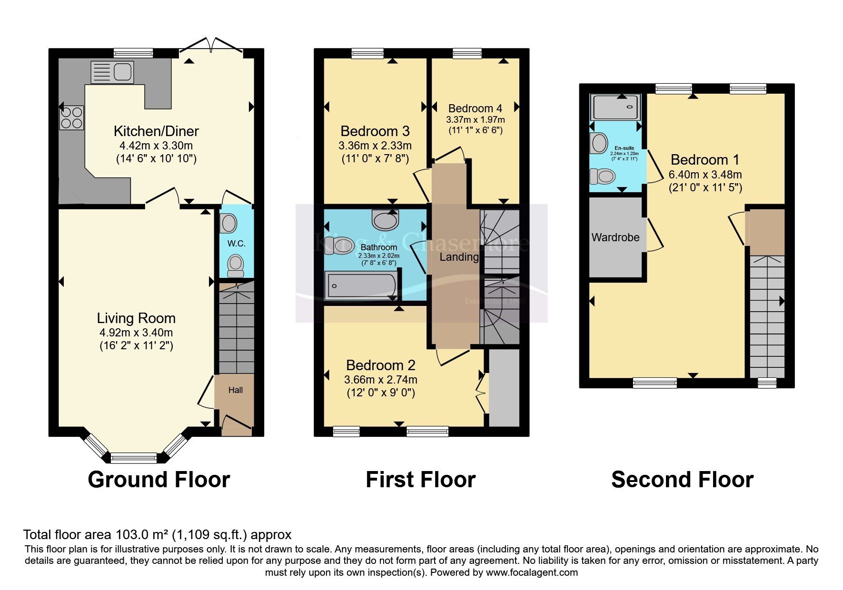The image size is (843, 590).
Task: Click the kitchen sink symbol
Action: tap(112, 72)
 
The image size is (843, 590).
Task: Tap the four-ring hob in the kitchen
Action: tap(71, 118)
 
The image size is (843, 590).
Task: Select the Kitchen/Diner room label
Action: tap(156, 131)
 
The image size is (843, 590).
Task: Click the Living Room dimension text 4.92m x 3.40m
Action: tap(136, 333)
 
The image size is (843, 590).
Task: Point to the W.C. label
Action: tap(237, 244)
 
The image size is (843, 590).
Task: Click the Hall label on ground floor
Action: tap(235, 390)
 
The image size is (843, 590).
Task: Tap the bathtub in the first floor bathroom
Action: tap(360, 285)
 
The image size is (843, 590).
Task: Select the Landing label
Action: tap(459, 257)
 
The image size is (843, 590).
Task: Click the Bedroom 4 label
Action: tap(475, 108)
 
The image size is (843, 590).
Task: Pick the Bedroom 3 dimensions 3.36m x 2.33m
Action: tap(375, 146)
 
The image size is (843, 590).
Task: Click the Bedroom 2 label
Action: tap(380, 365)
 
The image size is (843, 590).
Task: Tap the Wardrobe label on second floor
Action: tap(615, 237)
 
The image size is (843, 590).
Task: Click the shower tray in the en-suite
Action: tap(615, 107)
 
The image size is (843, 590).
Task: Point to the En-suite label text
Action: tap(624, 148)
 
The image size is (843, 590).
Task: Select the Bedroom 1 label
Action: tap(705, 160)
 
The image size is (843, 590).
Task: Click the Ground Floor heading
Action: tap(159, 480)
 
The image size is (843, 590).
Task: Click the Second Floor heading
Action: tap(682, 480)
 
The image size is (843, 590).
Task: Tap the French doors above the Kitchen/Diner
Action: tap(211, 45)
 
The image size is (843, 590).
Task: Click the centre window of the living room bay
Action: tap(134, 459)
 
